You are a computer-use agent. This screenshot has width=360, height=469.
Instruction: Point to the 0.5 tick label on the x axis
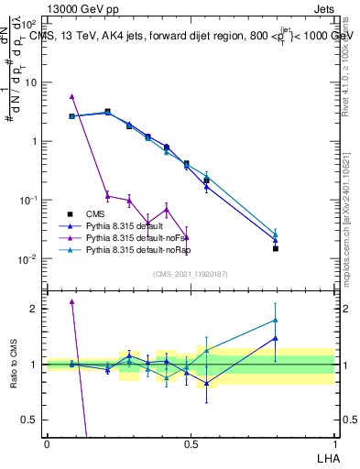tap(191, 444)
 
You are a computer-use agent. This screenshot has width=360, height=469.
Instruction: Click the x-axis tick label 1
tap(334, 444)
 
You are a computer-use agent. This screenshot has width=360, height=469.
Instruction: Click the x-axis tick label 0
tap(47, 444)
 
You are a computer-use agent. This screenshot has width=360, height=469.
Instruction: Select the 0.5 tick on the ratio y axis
tap(30, 420)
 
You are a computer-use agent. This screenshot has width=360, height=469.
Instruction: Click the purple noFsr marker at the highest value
tap(71, 96)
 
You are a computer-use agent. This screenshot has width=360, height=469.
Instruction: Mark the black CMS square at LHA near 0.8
tap(275, 248)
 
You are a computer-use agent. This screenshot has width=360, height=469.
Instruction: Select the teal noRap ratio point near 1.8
tap(275, 320)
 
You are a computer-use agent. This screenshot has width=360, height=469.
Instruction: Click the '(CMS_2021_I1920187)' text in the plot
tap(191, 274)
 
